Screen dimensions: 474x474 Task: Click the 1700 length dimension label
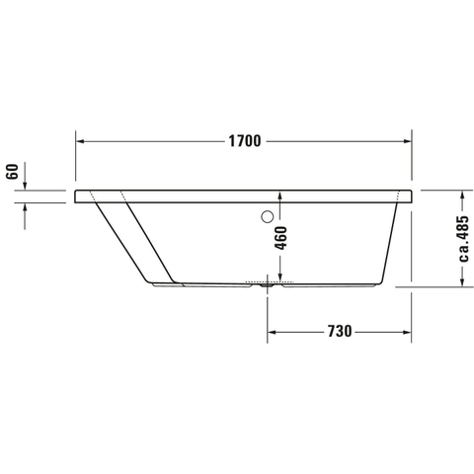(x=245, y=141)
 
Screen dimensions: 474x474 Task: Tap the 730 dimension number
(x=340, y=332)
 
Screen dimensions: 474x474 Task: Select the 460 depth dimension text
(x=280, y=238)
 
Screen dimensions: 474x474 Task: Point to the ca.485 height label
(x=463, y=239)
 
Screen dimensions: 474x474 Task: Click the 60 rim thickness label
(x=12, y=172)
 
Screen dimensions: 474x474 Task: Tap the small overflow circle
(x=267, y=216)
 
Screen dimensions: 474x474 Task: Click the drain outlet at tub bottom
(x=267, y=285)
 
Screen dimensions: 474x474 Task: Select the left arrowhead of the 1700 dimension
(x=80, y=141)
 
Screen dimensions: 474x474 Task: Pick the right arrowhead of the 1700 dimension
(x=408, y=141)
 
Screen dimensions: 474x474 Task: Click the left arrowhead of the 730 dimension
(x=272, y=332)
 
